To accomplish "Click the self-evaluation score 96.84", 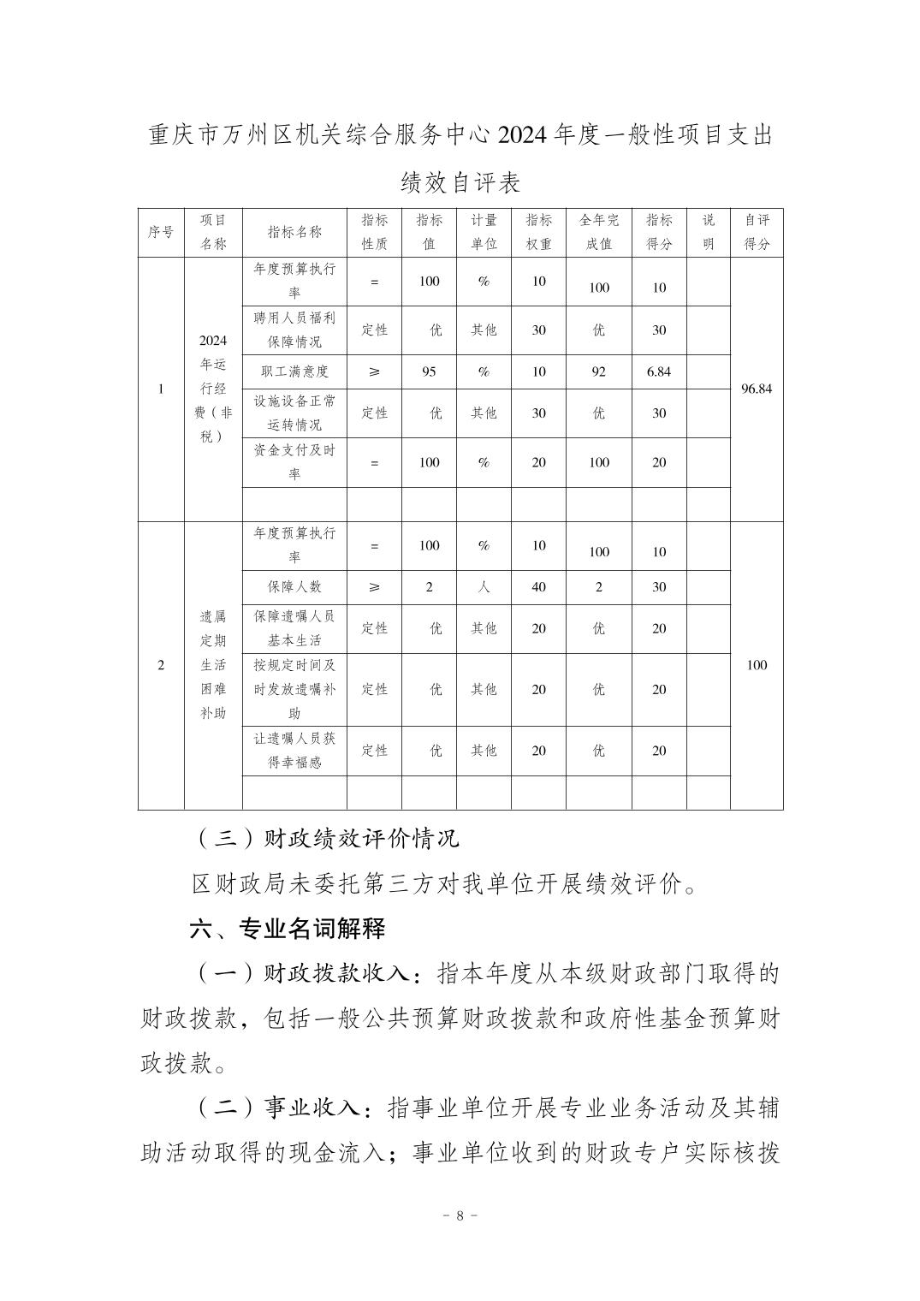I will tap(757, 389).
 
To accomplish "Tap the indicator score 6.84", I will tap(659, 371).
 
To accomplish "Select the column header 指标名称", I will tap(294, 232).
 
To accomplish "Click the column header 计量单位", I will tap(484, 232).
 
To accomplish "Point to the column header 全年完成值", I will tap(599, 232).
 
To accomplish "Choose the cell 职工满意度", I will tap(294, 371).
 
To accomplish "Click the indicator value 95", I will tap(429, 371).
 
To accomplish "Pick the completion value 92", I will tap(599, 371).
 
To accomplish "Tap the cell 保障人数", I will tap(294, 587).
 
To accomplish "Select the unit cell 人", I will tap(484, 587).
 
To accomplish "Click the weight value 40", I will tap(538, 587).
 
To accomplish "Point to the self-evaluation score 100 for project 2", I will tap(757, 665).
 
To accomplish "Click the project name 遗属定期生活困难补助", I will tap(213, 664).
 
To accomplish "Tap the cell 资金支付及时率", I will tap(294, 462).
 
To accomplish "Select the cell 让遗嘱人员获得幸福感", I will tap(294, 751).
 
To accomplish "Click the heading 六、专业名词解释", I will tap(287, 929).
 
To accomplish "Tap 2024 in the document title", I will tap(519, 135).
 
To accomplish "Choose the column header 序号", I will tap(161, 232).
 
